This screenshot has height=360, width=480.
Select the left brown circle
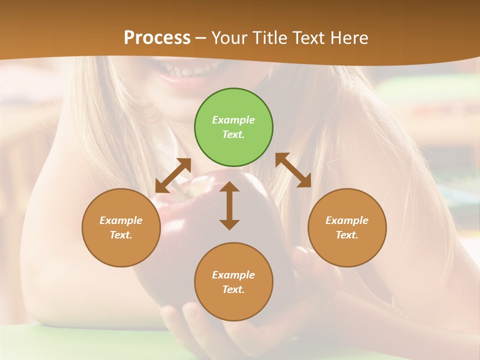pyautogui.click(x=121, y=227)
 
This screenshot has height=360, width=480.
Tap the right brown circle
pyautogui.click(x=347, y=227)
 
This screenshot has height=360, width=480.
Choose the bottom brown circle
pyautogui.click(x=233, y=282)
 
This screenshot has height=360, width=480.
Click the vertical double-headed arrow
pyautogui.click(x=229, y=205)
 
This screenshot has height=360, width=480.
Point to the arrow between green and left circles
pyautogui.click(x=173, y=175)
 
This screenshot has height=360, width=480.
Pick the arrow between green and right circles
pyautogui.click(x=293, y=170)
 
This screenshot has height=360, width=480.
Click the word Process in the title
pyautogui.click(x=157, y=38)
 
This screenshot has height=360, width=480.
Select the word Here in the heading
pyautogui.click(x=349, y=38)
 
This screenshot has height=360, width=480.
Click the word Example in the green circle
pyautogui.click(x=233, y=120)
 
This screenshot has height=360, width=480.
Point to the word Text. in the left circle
pyautogui.click(x=121, y=235)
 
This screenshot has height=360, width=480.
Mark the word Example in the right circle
pyautogui.click(x=347, y=220)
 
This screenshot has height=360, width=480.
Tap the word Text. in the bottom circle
pyautogui.click(x=233, y=289)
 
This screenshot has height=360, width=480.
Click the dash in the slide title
pyautogui.click(x=201, y=38)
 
